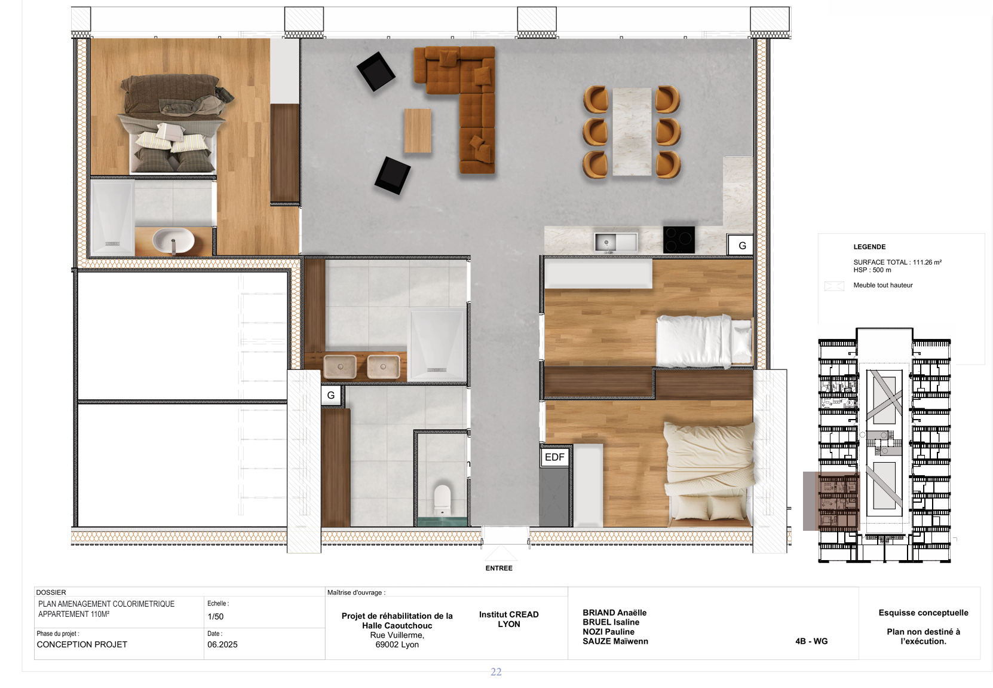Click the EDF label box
click(554, 457)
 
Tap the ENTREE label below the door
click(499, 568)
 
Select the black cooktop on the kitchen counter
click(679, 239)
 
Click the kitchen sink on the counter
click(615, 242)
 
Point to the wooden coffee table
click(417, 130)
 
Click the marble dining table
click(632, 132)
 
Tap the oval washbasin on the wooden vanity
click(173, 241)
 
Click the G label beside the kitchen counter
click(742, 246)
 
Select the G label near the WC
click(331, 396)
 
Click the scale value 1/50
click(216, 617)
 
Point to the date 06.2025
click(222, 644)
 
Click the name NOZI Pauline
click(608, 632)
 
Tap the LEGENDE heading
click(869, 247)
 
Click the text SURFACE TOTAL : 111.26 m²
click(897, 262)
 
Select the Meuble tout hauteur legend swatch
click(834, 286)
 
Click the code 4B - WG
click(811, 641)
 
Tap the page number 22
click(496, 672)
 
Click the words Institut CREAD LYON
click(508, 619)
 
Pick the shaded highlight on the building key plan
click(830, 501)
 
